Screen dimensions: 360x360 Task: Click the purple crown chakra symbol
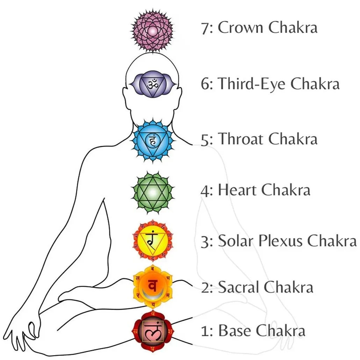click(x=152, y=30)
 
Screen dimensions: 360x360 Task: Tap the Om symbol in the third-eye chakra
click(x=153, y=84)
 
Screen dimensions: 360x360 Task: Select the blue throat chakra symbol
click(x=152, y=141)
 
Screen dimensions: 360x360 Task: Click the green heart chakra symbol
click(x=152, y=192)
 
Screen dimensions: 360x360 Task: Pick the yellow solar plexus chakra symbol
click(x=152, y=240)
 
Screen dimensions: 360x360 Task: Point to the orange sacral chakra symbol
click(x=152, y=286)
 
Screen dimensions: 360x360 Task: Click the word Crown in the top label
click(x=240, y=28)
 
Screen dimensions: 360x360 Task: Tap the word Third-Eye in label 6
click(x=252, y=84)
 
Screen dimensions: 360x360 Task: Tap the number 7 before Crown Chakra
click(x=205, y=28)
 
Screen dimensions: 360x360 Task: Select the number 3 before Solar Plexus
click(x=205, y=242)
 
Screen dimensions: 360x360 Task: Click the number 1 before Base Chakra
click(x=205, y=331)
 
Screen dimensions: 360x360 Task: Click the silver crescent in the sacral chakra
click(x=152, y=295)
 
